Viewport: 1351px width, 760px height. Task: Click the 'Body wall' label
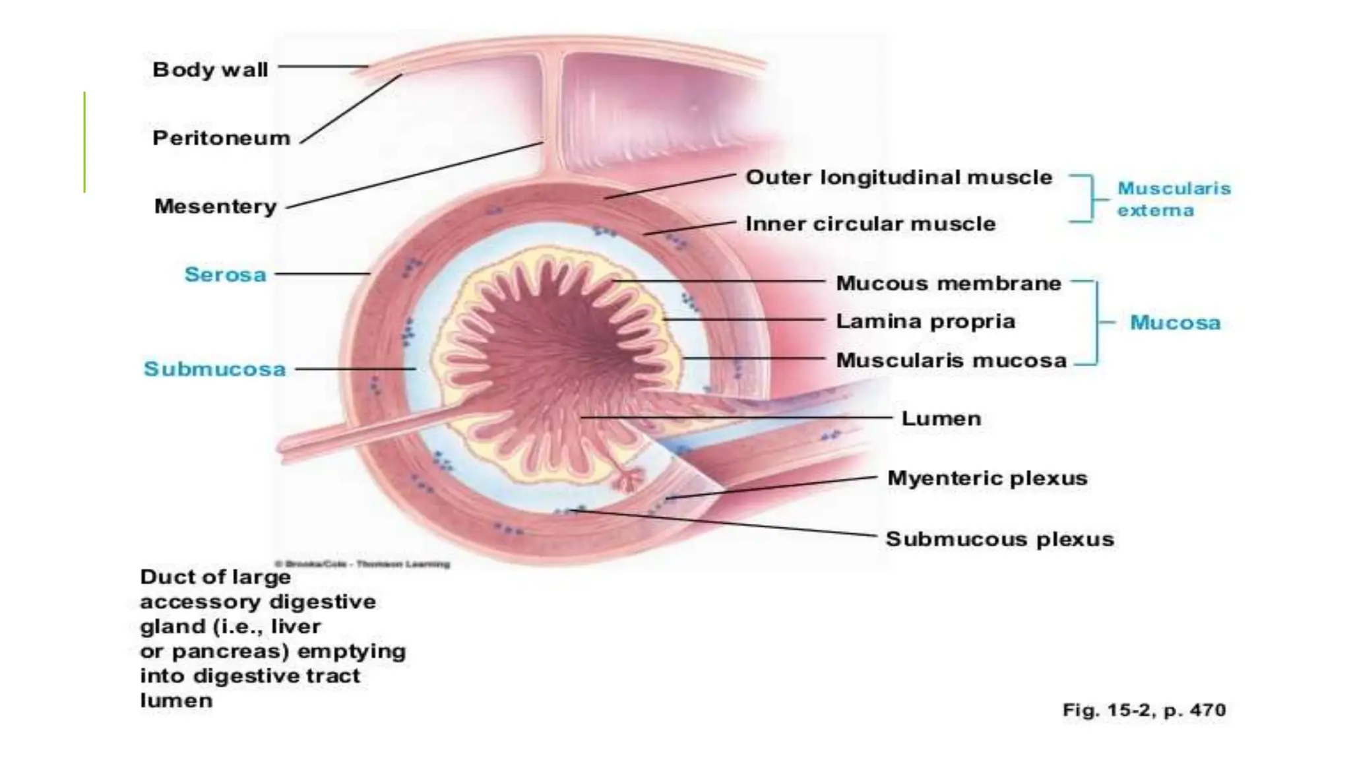tap(210, 69)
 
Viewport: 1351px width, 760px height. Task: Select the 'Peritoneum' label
tap(221, 138)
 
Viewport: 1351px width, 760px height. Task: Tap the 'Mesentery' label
tap(215, 206)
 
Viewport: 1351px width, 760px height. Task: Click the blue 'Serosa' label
tap(225, 274)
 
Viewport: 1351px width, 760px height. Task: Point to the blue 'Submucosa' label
tap(214, 369)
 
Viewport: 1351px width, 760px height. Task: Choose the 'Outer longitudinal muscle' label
tap(898, 177)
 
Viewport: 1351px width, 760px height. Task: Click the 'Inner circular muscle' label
tap(870, 224)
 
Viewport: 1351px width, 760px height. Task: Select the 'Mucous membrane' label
tap(949, 283)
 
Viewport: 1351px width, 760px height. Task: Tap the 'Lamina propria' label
tap(926, 321)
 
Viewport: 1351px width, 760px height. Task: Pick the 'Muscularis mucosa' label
tap(951, 360)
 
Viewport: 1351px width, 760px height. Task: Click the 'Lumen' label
tap(941, 418)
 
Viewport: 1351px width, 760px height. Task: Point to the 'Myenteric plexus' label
tap(987, 478)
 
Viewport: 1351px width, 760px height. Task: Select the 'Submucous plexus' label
tap(999, 539)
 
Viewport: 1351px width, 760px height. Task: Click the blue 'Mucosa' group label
tap(1175, 323)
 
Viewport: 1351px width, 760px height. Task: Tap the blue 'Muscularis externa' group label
tap(1174, 199)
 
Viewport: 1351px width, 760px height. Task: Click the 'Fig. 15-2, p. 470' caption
tap(1144, 710)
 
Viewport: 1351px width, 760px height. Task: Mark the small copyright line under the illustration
tap(362, 564)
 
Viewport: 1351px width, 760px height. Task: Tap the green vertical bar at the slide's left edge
tap(84, 142)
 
